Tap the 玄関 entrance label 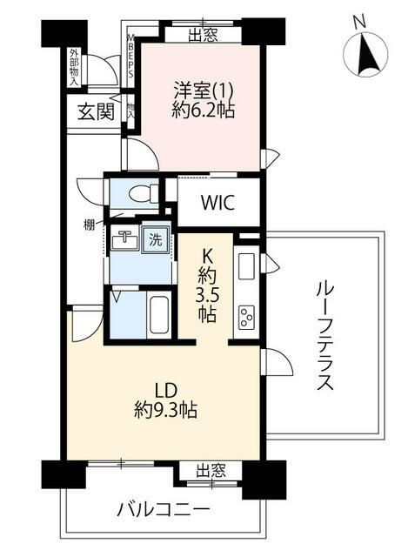click(95, 111)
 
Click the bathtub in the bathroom click(157, 315)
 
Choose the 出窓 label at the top click(203, 36)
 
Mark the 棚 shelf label click(90, 225)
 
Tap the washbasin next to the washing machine click(125, 237)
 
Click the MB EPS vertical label click(130, 57)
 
